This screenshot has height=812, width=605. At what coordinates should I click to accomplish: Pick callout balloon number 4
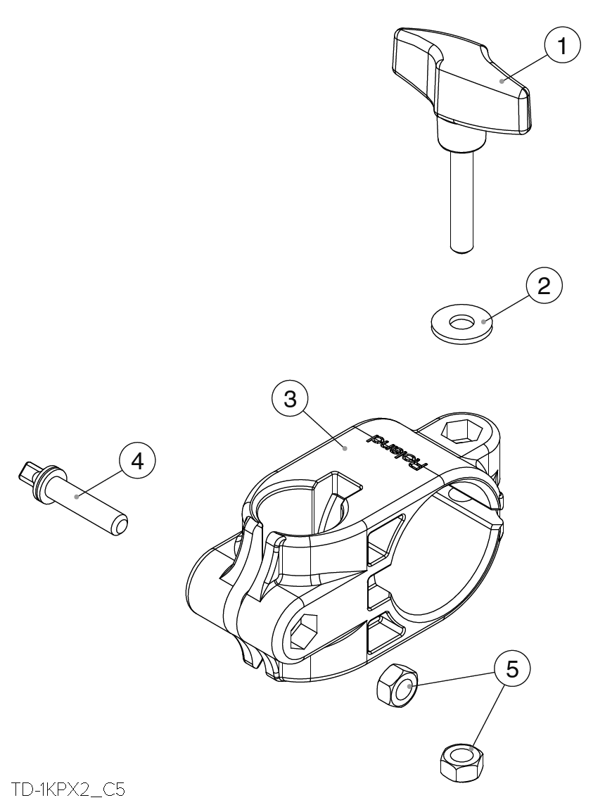tap(137, 462)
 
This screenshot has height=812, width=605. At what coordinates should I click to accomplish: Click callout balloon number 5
tap(513, 669)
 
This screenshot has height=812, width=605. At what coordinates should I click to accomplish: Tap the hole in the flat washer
tap(461, 322)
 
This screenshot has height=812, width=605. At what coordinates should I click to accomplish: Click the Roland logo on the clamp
tap(398, 451)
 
